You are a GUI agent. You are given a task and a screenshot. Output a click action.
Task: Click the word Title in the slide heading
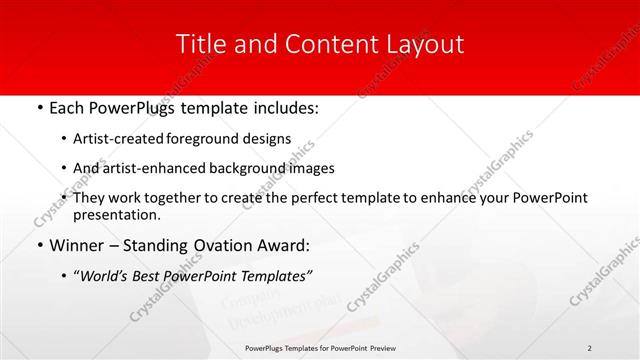coord(199,44)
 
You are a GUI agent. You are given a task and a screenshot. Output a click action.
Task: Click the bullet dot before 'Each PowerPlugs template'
coord(39,105)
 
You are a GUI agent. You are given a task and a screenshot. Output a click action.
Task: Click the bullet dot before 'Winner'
coord(39,246)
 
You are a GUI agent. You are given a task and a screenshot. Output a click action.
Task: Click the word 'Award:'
coord(284,246)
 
